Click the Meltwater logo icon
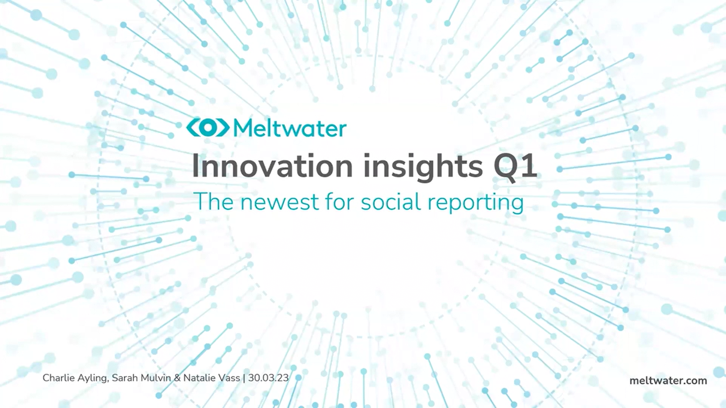tap(208, 128)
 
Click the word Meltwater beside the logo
tap(290, 128)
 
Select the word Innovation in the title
tap(272, 166)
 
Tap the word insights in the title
tap(423, 166)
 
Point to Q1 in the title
tap(515, 166)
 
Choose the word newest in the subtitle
tap(280, 202)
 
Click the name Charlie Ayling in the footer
tap(75, 378)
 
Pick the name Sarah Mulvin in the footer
tap(141, 378)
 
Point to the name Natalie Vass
tap(211, 378)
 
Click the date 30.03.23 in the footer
tap(268, 378)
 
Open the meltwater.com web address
tap(668, 381)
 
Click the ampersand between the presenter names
tap(177, 378)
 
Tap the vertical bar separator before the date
tap(244, 378)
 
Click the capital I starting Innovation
tap(196, 166)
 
